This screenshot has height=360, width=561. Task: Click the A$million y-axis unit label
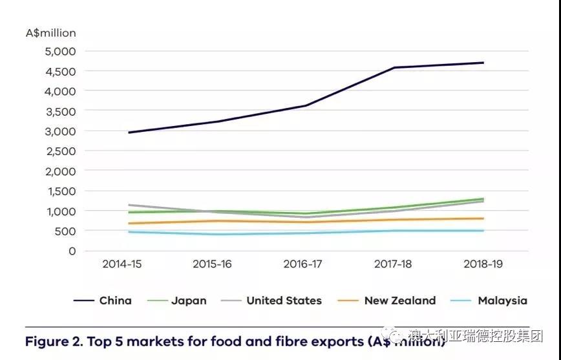point(50,33)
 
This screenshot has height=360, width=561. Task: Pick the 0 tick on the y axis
point(72,251)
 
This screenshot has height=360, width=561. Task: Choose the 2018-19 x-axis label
point(483,264)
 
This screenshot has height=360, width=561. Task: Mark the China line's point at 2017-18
point(394,67)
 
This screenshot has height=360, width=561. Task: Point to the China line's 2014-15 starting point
point(128,132)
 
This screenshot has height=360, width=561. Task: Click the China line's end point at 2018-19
point(483,63)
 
